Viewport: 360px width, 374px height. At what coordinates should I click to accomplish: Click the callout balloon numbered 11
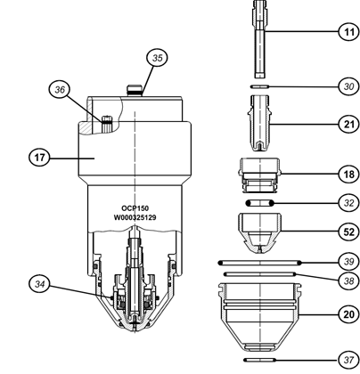[349, 31]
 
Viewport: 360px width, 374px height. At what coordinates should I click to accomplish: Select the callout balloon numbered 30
[349, 86]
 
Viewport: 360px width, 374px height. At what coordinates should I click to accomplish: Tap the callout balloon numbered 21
[349, 124]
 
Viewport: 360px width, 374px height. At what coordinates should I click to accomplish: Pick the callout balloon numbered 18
[349, 174]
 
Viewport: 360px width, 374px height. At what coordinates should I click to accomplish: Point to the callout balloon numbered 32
[349, 203]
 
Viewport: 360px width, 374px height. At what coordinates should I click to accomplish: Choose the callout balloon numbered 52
[349, 232]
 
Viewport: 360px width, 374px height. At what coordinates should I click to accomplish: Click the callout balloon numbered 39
[349, 262]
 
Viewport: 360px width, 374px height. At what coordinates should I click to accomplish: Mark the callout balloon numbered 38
[349, 280]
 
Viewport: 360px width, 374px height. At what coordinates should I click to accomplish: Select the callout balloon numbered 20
[349, 314]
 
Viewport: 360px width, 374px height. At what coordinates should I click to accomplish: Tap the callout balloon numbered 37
[349, 360]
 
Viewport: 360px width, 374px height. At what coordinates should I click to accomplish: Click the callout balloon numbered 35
[158, 58]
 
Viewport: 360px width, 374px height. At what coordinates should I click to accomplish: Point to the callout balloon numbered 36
[60, 89]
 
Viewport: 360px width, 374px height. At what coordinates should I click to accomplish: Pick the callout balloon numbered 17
[39, 158]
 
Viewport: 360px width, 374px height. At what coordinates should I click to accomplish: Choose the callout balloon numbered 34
[39, 284]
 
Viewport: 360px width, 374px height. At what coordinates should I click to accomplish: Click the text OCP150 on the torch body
[135, 208]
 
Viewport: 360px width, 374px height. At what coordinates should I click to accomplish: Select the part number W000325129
[135, 217]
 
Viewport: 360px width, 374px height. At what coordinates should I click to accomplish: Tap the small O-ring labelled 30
[260, 86]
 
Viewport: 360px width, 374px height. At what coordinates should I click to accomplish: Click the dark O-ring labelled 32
[260, 203]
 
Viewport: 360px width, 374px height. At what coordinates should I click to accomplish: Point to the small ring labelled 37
[260, 360]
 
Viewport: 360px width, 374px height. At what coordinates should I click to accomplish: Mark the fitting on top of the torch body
[135, 90]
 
